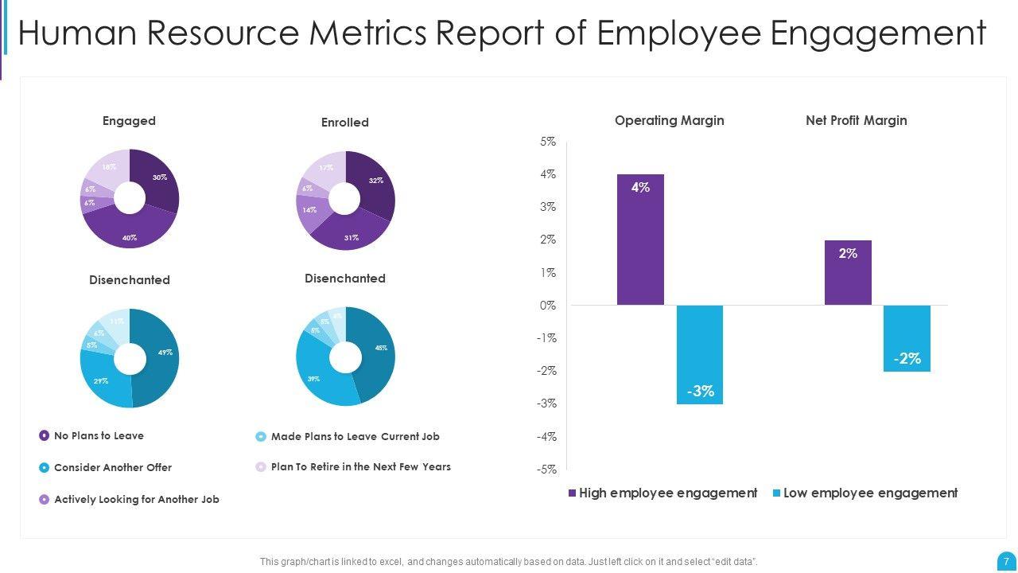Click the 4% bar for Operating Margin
click(x=640, y=239)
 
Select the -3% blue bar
click(x=700, y=354)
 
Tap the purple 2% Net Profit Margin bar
click(x=848, y=272)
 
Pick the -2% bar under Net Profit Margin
click(x=907, y=338)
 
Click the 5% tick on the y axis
click(x=548, y=142)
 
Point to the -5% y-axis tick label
click(x=546, y=470)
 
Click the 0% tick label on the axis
click(x=548, y=306)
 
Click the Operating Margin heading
click(x=669, y=121)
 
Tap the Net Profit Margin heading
click(x=856, y=121)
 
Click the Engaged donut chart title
click(x=129, y=121)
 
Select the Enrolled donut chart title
click(x=344, y=123)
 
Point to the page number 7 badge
click(x=1006, y=561)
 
